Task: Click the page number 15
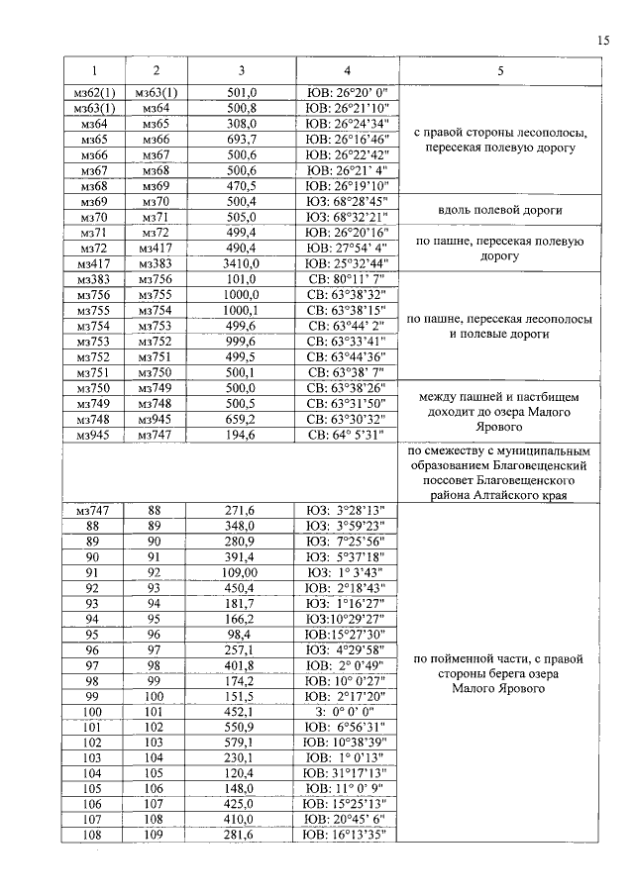(x=604, y=41)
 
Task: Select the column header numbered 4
(x=347, y=71)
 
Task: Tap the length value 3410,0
(x=243, y=264)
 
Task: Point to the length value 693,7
(x=243, y=140)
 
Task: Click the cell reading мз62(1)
(x=95, y=92)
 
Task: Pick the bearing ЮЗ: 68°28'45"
(x=347, y=201)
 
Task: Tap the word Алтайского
(x=513, y=494)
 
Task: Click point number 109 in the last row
(x=154, y=836)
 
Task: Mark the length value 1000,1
(x=243, y=310)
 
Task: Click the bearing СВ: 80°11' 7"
(x=347, y=279)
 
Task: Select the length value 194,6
(x=243, y=435)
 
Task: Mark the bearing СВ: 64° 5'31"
(x=347, y=435)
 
